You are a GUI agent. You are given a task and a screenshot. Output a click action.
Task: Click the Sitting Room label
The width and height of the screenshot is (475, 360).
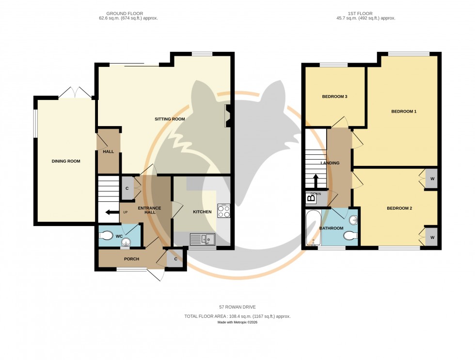[170, 119]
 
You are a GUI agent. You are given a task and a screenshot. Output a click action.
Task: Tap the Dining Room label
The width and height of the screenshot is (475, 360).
[66, 161]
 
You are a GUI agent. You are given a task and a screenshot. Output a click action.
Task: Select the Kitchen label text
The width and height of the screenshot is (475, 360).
[202, 212]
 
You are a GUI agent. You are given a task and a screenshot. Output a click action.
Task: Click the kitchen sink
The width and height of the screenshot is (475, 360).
[203, 239]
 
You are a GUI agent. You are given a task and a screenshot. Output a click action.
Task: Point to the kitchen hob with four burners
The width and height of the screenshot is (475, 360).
[223, 212]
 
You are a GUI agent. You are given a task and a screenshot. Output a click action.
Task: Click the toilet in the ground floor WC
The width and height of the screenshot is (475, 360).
[106, 235]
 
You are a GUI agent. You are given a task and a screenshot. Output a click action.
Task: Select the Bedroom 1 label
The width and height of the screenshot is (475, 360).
[404, 112]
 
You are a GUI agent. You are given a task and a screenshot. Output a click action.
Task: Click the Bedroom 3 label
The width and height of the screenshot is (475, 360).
[334, 97]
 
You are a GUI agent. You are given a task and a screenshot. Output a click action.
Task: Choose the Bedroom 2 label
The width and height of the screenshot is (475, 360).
[399, 209]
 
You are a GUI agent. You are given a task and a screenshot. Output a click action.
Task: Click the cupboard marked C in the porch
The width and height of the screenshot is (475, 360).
[174, 259]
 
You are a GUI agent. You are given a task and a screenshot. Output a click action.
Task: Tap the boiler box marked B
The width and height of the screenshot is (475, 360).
[311, 197]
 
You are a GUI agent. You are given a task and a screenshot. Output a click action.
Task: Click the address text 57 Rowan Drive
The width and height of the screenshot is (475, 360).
[237, 307]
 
